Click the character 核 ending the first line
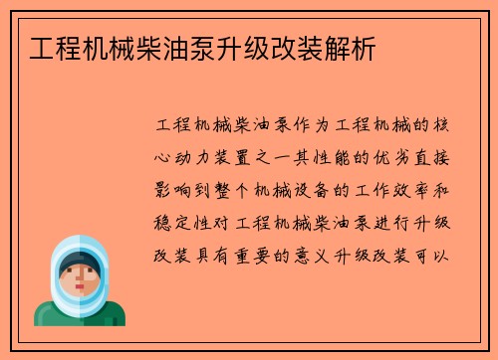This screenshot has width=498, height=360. pos(447,127)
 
